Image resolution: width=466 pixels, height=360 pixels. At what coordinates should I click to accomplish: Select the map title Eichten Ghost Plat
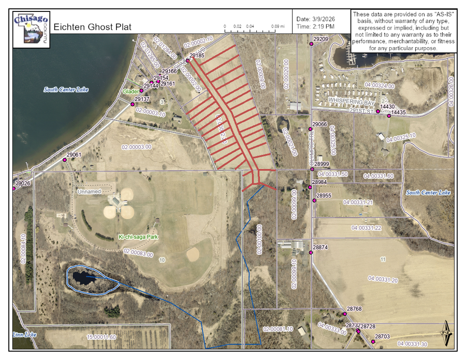click(92, 27)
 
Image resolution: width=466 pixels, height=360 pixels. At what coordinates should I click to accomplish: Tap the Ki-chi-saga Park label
click(138, 237)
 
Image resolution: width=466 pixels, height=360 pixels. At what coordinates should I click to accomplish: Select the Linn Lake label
click(24, 335)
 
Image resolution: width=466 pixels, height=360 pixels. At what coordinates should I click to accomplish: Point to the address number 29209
click(321, 39)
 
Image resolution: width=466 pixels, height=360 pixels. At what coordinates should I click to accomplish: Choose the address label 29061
click(74, 155)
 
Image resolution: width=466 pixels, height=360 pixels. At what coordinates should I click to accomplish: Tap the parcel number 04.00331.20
click(383, 279)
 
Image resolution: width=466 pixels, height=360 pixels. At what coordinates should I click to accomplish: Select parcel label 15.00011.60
click(101, 337)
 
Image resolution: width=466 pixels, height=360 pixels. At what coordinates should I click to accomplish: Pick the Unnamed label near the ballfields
click(89, 192)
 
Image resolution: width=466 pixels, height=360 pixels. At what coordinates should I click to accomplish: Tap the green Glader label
click(131, 91)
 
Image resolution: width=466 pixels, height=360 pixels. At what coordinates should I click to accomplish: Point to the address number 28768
click(354, 309)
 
